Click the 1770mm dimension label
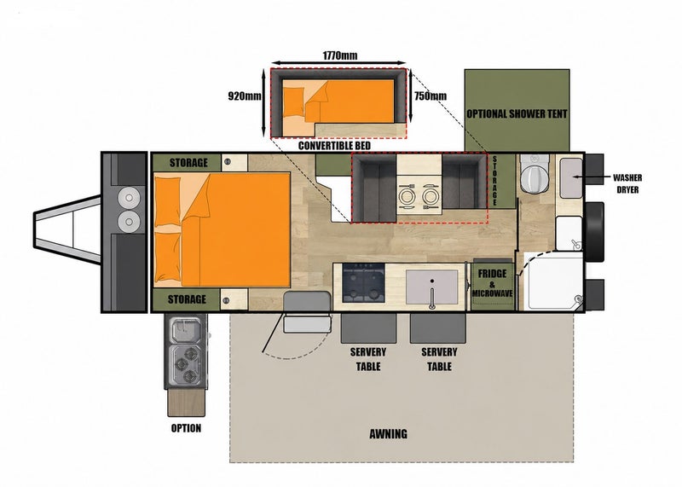coord(339,55)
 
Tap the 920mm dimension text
coord(245,96)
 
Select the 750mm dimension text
coord(431,96)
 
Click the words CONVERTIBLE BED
coord(334,145)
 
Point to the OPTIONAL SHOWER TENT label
coord(517,114)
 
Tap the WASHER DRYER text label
coord(627,183)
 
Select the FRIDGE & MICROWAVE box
coord(493,285)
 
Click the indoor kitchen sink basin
coord(432,287)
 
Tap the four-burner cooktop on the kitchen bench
coord(364,283)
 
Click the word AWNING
coord(389,434)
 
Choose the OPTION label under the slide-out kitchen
coord(186,428)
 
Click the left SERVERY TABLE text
coord(368,359)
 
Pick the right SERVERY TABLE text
coord(439,359)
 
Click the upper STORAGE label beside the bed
coord(188,163)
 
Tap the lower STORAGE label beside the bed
coord(187,299)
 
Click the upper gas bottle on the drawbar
coord(130,199)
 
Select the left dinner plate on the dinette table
coord(407,196)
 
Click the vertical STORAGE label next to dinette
coord(494,181)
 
